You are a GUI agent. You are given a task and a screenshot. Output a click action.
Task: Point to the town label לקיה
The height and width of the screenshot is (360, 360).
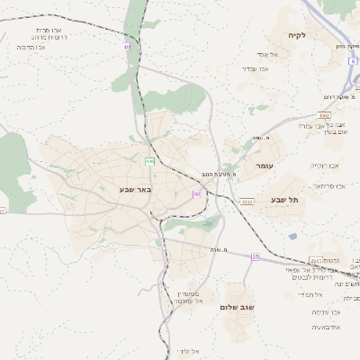(298, 35)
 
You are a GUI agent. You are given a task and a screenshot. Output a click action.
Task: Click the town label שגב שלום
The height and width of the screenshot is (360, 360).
(238, 307)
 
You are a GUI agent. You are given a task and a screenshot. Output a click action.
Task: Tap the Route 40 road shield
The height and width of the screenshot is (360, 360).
(128, 46)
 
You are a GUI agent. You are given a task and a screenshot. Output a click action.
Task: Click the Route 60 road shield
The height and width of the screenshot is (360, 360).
(196, 193)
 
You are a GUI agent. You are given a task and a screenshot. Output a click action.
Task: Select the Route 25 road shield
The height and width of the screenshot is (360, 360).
(255, 256)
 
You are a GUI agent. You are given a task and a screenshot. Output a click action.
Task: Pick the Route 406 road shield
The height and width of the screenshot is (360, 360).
(149, 161)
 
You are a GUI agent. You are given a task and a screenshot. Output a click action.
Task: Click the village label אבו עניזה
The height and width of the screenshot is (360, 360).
(324, 312)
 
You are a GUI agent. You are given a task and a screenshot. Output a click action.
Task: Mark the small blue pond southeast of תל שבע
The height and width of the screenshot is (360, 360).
(292, 237)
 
